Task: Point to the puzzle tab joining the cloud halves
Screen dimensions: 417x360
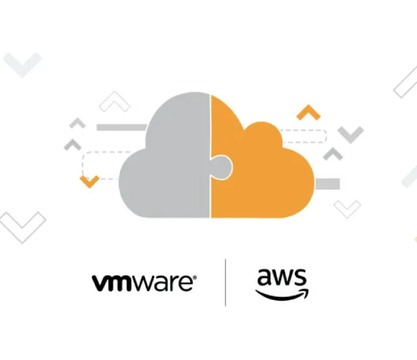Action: [222, 168]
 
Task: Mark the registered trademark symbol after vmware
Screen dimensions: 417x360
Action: [195, 277]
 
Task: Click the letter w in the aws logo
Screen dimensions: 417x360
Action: [282, 278]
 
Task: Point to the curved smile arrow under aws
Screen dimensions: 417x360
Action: [282, 296]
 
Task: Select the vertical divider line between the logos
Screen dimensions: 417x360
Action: [225, 282]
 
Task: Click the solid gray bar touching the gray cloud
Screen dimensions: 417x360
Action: [121, 127]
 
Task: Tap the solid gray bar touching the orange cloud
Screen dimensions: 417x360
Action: [327, 184]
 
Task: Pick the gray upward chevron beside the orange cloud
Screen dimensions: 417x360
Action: [333, 154]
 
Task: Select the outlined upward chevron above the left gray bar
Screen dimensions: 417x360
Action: [115, 102]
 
